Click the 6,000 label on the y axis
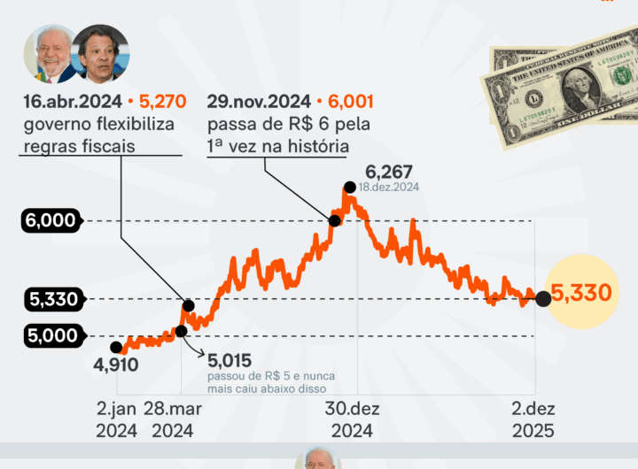tap(51, 220)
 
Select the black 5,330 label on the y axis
tap(51, 299)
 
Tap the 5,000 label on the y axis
tap(51, 335)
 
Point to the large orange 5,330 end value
tap(581, 292)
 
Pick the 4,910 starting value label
tap(115, 364)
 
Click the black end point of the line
tap(543, 299)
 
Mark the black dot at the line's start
tap(116, 347)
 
